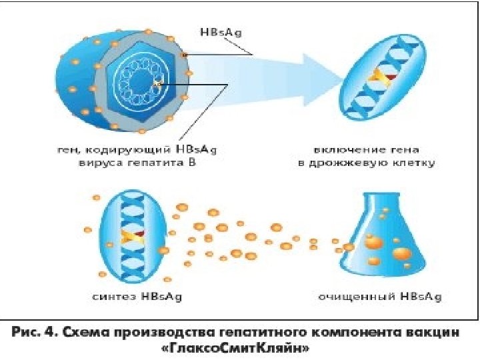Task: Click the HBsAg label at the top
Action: tap(217, 31)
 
